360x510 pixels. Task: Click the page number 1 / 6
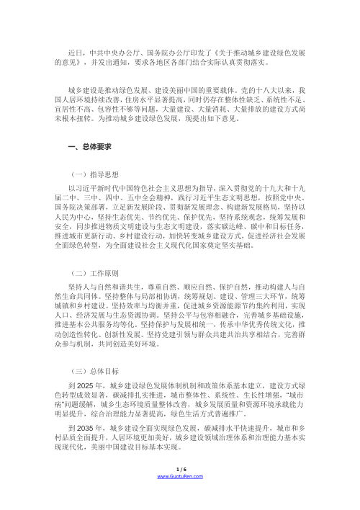coord(179,488)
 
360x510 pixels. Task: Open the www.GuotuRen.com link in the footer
coord(179,497)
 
